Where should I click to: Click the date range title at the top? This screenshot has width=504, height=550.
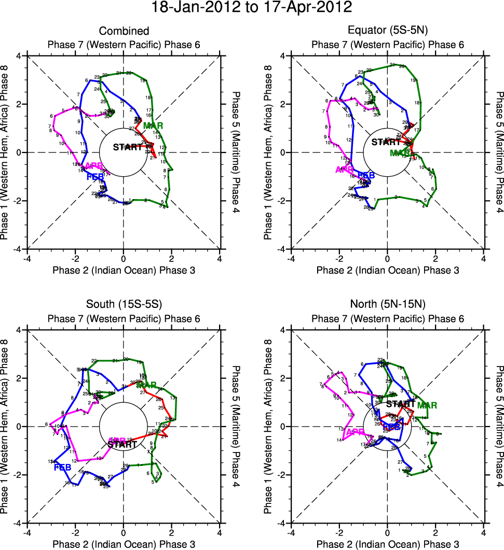click(252, 8)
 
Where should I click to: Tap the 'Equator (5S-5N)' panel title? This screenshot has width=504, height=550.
click(387, 32)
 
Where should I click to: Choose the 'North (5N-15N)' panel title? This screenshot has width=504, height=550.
click(387, 305)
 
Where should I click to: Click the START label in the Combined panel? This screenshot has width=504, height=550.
click(127, 147)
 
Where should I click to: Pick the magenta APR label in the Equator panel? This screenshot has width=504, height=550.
click(345, 170)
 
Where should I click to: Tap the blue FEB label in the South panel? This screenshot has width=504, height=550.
click(62, 468)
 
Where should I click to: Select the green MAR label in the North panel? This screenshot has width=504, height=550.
click(427, 405)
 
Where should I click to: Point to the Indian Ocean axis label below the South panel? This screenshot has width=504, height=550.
click(124, 544)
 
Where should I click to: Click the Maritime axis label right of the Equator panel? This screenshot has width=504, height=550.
click(500, 152)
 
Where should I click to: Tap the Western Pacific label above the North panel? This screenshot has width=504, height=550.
click(387, 319)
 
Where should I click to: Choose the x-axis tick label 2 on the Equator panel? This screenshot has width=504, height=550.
click(435, 258)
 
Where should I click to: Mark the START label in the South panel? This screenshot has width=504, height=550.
click(122, 444)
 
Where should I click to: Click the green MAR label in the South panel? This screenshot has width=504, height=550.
click(146, 385)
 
